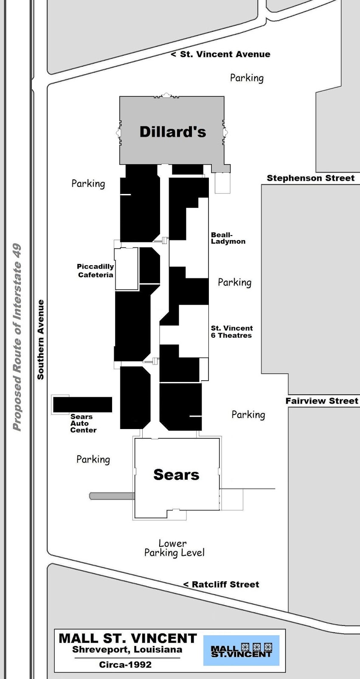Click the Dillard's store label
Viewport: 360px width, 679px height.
(172, 132)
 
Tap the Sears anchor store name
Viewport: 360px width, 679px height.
(176, 474)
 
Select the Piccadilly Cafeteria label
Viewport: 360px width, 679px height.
(95, 270)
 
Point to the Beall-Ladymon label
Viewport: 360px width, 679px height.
(228, 238)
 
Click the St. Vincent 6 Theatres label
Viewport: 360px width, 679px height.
(232, 331)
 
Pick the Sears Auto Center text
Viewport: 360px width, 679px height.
(83, 424)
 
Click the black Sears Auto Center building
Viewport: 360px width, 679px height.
(82, 405)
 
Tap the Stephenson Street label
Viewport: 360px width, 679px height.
(311, 178)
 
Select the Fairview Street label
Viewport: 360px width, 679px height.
(322, 401)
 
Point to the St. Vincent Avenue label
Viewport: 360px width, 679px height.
(221, 54)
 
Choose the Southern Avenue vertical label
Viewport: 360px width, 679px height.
(41, 339)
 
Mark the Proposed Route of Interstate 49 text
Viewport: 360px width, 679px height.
(17, 337)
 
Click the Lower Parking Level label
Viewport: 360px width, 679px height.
(174, 548)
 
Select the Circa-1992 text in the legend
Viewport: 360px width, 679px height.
(125, 665)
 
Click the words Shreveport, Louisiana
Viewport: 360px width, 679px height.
(127, 650)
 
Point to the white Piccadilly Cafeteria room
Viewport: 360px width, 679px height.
(127, 269)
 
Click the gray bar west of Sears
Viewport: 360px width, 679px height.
(112, 496)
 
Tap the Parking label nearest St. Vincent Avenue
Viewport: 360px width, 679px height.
(247, 78)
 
